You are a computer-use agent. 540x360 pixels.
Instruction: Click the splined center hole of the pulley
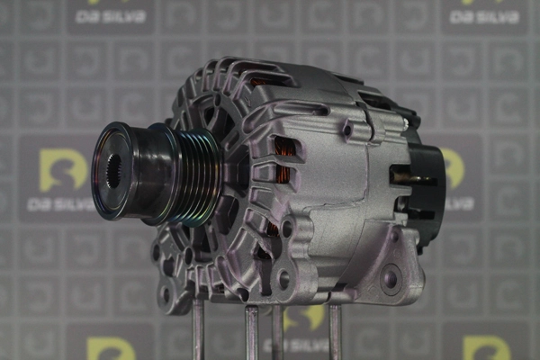[x=114, y=171]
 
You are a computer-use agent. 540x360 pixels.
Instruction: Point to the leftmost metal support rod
[x=198, y=329]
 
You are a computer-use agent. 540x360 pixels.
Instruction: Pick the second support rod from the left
[x=251, y=332]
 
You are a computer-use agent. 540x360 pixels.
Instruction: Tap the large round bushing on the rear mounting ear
[x=391, y=278]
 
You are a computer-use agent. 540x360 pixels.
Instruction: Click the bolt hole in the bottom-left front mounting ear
[x=166, y=294]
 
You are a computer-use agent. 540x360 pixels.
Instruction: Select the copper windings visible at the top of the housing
[x=257, y=83]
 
